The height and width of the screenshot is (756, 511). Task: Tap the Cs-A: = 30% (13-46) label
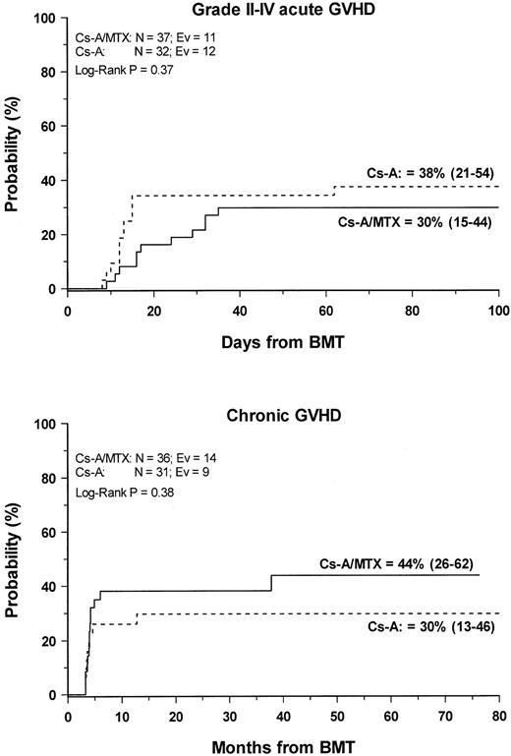(424, 625)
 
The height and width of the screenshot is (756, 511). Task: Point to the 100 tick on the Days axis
(498, 310)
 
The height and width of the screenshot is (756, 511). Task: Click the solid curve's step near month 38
(271, 582)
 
